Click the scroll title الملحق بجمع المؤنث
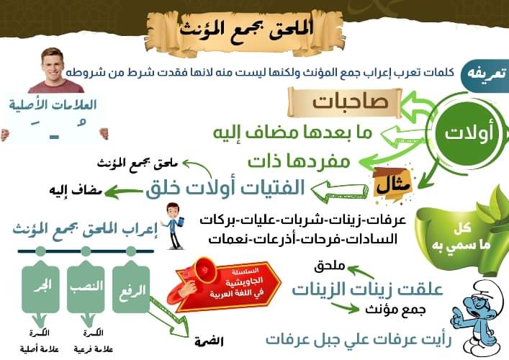[246, 29]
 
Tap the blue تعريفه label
[486, 74]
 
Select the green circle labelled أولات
[469, 133]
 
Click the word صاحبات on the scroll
[351, 102]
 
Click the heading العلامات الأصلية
[53, 104]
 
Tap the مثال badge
[393, 185]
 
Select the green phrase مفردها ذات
[299, 161]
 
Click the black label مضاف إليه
[76, 191]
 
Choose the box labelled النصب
[86, 287]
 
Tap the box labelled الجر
[40, 287]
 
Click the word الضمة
[210, 341]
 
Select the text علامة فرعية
[93, 349]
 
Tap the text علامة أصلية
[40, 349]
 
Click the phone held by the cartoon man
[180, 222]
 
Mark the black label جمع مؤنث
[395, 310]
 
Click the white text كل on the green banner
[463, 228]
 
